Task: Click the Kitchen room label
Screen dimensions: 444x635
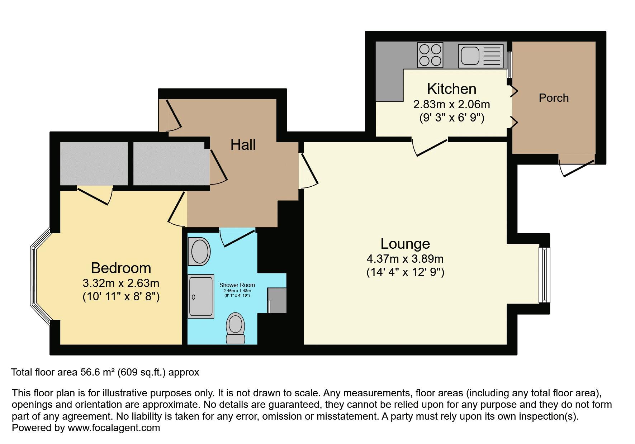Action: click(451, 89)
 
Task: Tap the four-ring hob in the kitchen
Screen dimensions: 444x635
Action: click(430, 55)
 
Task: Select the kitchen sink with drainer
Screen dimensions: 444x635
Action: click(480, 56)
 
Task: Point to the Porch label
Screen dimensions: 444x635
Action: click(553, 98)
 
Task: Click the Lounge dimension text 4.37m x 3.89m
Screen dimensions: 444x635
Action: click(405, 258)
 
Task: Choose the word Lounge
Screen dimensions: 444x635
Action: click(405, 244)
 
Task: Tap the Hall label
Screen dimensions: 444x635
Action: click(243, 145)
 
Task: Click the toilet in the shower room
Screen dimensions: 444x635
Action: click(235, 328)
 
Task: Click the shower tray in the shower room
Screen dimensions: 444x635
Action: click(201, 296)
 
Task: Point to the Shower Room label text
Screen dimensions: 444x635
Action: click(237, 285)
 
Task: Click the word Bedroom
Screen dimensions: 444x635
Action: click(121, 268)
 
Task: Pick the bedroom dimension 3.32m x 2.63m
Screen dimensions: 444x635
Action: click(121, 283)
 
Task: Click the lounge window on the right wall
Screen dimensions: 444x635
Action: click(544, 274)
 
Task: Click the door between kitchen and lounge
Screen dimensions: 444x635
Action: click(430, 147)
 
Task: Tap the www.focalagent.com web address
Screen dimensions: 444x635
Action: click(114, 428)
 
